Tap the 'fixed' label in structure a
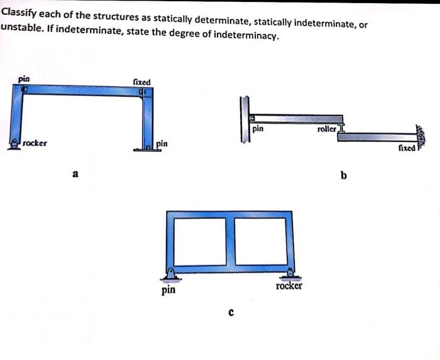(141, 82)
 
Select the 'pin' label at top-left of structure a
(24, 80)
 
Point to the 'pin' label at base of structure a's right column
(162, 144)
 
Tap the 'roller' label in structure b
(327, 128)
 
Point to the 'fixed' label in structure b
(407, 148)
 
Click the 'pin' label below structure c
(168, 290)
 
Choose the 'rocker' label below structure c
(289, 286)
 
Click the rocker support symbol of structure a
(13, 144)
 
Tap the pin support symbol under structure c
(170, 273)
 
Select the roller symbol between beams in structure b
(342, 129)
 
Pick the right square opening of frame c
(259, 241)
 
